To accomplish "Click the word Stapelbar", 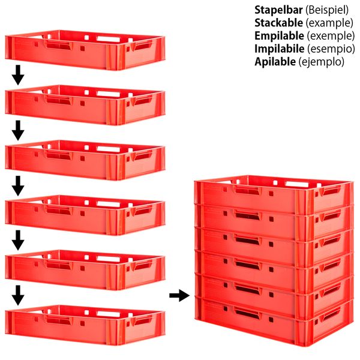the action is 278,10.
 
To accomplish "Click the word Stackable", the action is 279,23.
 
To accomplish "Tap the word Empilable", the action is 279,36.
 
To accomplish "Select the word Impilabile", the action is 280,49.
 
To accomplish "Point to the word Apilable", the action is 275,62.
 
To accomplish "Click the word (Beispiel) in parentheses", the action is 327,10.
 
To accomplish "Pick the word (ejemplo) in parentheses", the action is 322,62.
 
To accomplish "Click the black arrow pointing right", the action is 179,295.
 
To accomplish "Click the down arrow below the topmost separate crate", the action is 18,75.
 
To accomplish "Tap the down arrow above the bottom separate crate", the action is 18,295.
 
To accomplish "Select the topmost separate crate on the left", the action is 85,50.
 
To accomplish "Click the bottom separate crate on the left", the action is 85,325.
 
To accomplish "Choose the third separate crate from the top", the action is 85,160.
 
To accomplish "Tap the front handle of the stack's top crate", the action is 247,190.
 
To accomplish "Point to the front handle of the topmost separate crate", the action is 59,45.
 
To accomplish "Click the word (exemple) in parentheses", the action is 331,36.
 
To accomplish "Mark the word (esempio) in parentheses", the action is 331,49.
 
